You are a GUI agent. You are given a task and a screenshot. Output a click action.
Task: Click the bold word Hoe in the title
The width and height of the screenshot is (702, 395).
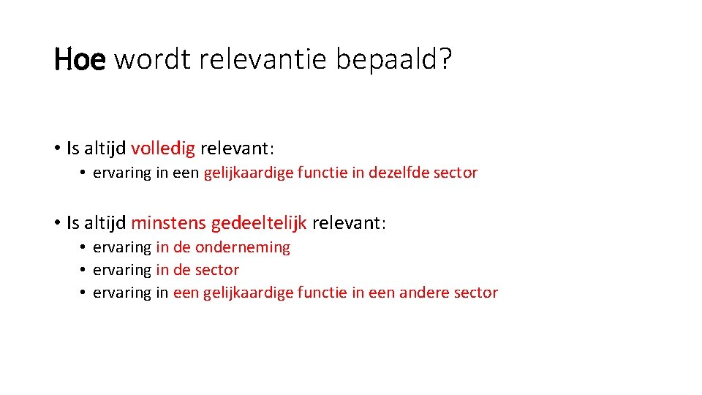pos(80,60)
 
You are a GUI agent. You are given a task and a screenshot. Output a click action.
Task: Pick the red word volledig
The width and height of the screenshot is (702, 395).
pos(163,149)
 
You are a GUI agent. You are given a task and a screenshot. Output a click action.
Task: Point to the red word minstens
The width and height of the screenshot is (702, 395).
pos(168,222)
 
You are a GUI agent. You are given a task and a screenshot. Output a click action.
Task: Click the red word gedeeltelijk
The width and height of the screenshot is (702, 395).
pos(259,223)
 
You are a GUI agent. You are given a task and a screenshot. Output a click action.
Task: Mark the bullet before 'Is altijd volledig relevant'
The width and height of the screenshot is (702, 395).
pos(57,149)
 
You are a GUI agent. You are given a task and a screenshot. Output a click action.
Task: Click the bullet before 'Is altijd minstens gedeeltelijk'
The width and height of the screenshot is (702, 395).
pos(57,222)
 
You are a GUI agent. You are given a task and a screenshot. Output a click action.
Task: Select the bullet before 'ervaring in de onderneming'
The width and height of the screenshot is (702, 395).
pos(85,248)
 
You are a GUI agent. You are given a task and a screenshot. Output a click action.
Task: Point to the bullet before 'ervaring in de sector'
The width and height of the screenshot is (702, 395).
pos(85,271)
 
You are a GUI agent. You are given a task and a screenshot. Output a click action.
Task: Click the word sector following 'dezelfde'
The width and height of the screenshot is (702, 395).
pos(456,173)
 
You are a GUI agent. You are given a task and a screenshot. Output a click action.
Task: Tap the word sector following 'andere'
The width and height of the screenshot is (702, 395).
pos(476,293)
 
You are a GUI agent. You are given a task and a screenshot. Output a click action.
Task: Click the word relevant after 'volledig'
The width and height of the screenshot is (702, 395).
pos(234,149)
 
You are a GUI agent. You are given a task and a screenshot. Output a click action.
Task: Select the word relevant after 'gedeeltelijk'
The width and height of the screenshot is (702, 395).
pos(346,222)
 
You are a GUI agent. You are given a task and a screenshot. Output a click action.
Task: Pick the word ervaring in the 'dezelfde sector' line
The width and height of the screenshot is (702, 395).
pos(121,173)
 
